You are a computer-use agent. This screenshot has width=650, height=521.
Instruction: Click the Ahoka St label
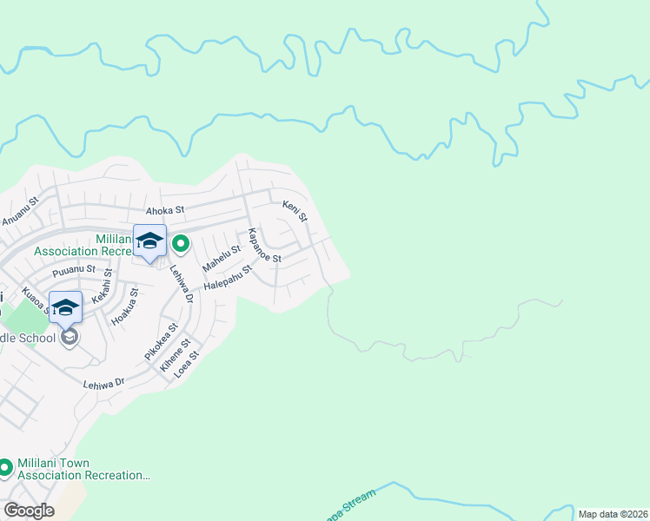[x=165, y=209]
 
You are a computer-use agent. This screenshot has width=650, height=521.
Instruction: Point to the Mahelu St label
[x=221, y=256]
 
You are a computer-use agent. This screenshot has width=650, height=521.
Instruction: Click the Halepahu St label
[x=227, y=279]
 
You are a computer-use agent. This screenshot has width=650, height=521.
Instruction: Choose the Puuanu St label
[x=73, y=269]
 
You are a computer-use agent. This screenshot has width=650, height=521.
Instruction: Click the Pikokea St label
[x=161, y=341]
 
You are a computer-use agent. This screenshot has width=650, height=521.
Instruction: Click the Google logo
[x=29, y=511]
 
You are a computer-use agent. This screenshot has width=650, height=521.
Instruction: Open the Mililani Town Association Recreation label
[x=84, y=470]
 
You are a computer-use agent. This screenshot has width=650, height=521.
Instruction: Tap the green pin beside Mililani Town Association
[x=5, y=469]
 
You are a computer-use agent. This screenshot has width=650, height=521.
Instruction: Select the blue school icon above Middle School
[x=66, y=307]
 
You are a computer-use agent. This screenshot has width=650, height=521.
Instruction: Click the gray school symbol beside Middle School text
[x=69, y=337]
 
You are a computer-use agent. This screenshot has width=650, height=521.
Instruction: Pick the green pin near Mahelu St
[x=181, y=243]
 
